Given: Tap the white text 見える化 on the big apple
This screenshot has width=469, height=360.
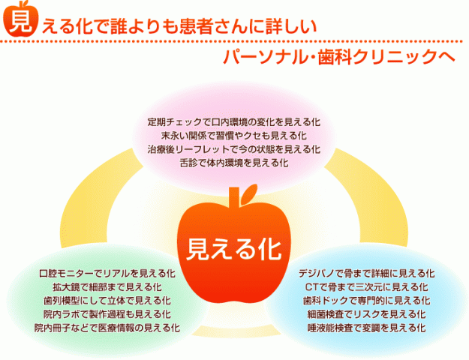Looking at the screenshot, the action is (x=234, y=249).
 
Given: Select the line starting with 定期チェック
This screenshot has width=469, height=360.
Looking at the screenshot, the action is (x=234, y=122).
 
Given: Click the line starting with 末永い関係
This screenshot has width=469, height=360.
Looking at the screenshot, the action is (x=234, y=136).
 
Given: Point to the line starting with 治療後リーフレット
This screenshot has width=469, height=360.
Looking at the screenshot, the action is (x=234, y=149).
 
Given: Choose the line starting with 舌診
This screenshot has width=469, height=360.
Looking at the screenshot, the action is (x=234, y=162).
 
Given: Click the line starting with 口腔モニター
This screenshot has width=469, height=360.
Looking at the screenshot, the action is (x=107, y=273).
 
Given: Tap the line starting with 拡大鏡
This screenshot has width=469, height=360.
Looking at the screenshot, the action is (x=107, y=287).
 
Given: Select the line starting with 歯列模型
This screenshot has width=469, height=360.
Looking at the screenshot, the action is (x=107, y=301).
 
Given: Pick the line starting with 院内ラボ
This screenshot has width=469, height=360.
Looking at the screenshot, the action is (x=107, y=314).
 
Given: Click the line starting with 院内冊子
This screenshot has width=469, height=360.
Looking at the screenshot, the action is (x=107, y=328).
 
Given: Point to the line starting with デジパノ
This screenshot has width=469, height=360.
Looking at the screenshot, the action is (x=367, y=273).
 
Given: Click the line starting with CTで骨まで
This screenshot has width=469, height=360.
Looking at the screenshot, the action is (x=367, y=287).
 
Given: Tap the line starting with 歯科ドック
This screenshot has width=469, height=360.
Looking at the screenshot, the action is (x=367, y=301).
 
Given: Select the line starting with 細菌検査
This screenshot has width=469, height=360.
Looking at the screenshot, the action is (x=367, y=314).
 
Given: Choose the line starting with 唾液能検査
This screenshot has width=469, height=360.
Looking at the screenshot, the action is (x=367, y=328).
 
